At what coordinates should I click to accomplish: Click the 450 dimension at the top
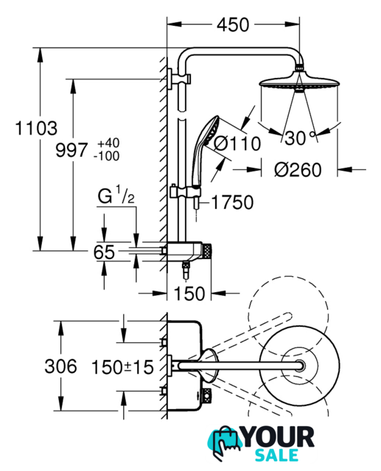click(233, 24)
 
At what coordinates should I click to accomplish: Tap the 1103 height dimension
click(36, 128)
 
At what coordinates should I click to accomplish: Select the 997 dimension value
click(71, 150)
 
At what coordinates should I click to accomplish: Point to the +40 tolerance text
click(108, 143)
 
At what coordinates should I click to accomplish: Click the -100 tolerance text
click(106, 156)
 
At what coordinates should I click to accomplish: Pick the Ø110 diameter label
click(237, 144)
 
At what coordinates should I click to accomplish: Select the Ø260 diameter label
click(298, 170)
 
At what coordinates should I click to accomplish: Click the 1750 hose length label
click(232, 202)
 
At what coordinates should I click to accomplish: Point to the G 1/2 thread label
click(116, 195)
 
